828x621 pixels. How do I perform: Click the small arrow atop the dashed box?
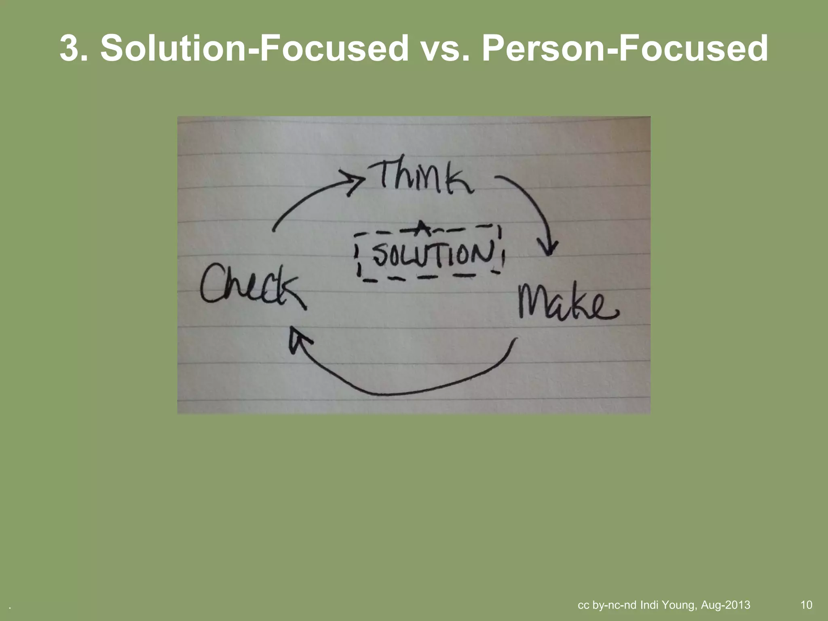tap(420, 228)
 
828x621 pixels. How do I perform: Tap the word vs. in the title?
tap(445, 49)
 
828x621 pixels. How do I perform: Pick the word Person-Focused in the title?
tap(625, 49)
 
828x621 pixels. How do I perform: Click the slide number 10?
tap(806, 605)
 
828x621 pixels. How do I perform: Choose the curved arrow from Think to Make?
tap(534, 202)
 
